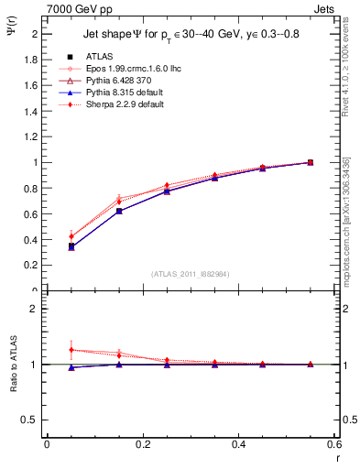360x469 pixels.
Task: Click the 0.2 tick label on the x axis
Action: point(142,443)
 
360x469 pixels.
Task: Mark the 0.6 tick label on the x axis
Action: point(334,443)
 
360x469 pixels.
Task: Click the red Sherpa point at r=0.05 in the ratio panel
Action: point(71,350)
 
